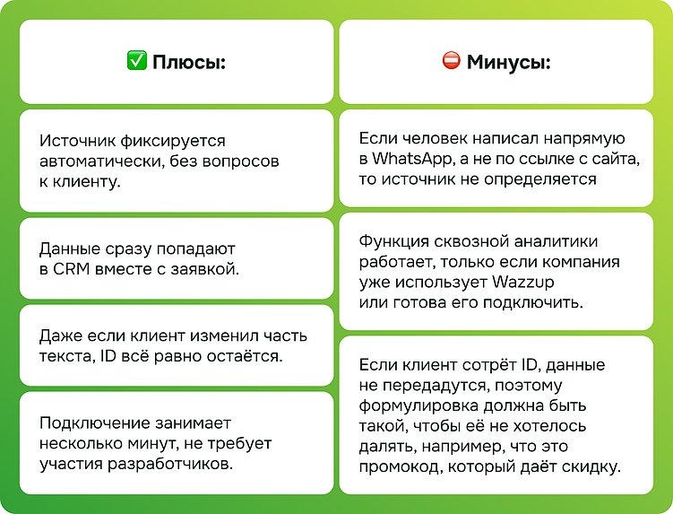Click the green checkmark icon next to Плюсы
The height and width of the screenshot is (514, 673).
point(136,62)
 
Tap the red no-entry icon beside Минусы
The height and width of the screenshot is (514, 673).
point(451,62)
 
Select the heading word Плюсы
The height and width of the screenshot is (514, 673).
point(188,63)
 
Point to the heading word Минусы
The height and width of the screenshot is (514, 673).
point(508,63)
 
